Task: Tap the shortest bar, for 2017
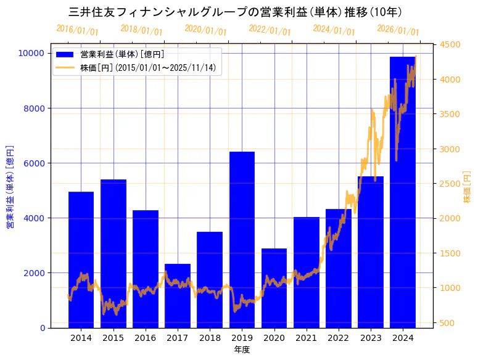click(x=178, y=295)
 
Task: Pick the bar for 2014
click(x=81, y=260)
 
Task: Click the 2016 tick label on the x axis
click(x=146, y=338)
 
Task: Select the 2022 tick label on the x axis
click(x=338, y=338)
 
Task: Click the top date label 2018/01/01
click(x=141, y=30)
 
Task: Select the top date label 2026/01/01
click(x=398, y=30)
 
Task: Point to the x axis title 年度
click(x=242, y=350)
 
